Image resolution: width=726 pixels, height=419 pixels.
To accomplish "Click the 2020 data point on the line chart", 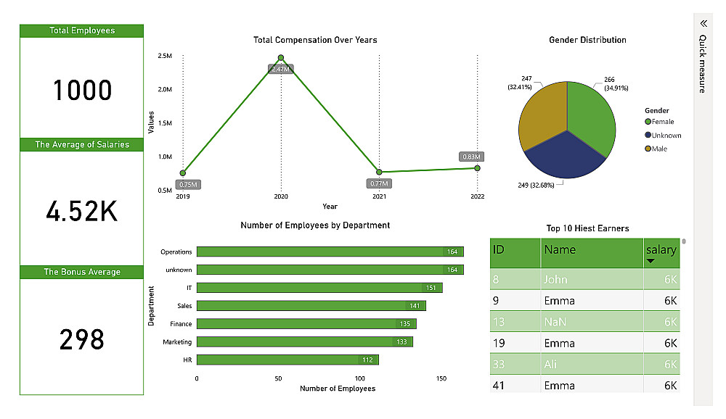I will tap(281, 58).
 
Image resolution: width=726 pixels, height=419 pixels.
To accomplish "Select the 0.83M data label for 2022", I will tap(470, 157).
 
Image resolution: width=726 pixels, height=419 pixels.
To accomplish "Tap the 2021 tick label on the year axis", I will tap(379, 196).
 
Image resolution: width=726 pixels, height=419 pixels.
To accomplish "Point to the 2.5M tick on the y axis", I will tap(164, 56).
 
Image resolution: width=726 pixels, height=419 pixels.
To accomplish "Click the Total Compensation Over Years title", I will tap(315, 40).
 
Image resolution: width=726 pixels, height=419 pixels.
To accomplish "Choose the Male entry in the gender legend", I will tap(659, 149).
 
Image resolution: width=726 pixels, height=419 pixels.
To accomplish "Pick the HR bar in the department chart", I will tap(287, 360).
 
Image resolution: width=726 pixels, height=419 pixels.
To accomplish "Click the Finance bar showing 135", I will tap(306, 324).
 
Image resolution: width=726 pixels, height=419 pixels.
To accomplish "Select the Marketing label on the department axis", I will tap(177, 341).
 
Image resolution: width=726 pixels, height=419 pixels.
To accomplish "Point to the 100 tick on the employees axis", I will tap(360, 378).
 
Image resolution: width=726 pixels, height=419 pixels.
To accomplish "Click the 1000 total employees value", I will tap(82, 91).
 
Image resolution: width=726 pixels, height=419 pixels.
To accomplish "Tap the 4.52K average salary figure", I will tap(82, 212).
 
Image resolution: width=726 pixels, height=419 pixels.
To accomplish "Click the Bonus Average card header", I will tap(82, 272).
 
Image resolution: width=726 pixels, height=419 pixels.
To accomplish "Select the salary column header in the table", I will tap(661, 251).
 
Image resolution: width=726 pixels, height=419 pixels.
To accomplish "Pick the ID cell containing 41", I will tap(499, 386).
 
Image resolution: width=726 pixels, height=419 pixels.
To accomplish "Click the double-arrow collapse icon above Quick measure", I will tap(703, 23).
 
